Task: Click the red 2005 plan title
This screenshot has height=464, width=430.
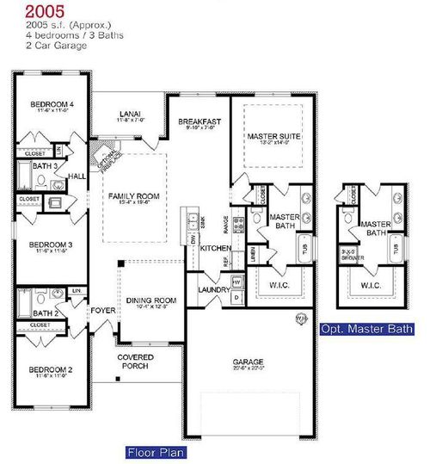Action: tap(42, 11)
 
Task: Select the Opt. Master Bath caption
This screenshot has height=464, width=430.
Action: tap(365, 329)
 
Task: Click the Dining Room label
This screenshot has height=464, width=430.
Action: tap(151, 300)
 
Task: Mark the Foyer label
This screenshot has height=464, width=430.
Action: tap(104, 304)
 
